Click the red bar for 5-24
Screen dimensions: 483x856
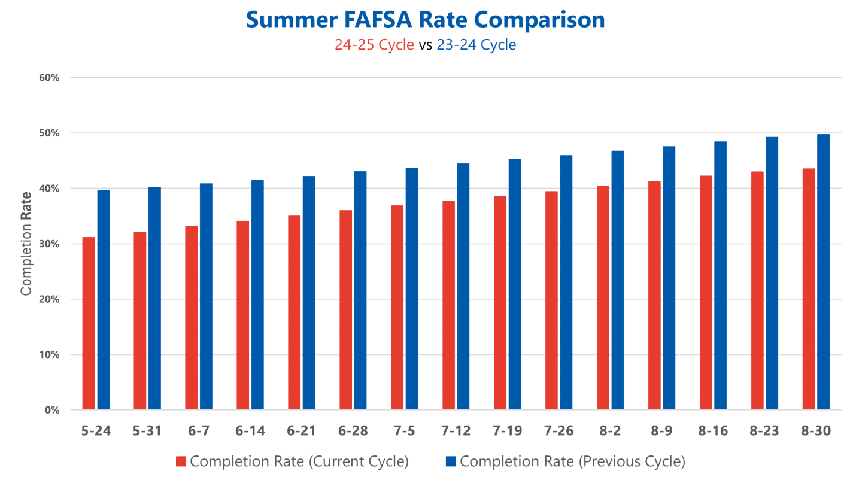(89, 323)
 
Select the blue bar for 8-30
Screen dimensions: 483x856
(824, 272)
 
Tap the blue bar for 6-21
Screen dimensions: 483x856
(309, 293)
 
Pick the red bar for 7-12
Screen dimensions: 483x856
(448, 305)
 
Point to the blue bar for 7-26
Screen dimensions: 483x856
(566, 282)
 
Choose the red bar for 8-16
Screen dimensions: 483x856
(706, 293)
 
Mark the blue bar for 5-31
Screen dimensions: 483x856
(155, 298)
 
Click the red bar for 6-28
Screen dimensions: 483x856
(346, 310)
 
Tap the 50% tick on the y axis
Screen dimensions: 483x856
(50, 133)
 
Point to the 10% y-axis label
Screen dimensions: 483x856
(50, 356)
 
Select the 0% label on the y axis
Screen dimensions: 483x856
(53, 411)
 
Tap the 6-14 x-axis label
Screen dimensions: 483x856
(250, 432)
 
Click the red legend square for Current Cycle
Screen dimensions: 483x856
(181, 461)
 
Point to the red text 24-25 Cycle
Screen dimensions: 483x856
(374, 45)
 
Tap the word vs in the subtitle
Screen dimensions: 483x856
(426, 45)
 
